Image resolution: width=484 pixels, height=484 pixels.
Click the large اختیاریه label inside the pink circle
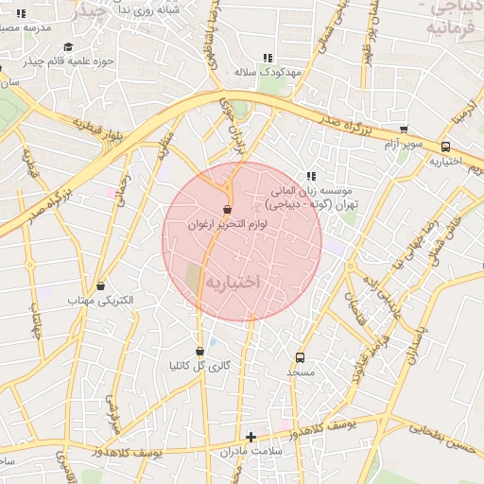[233, 283]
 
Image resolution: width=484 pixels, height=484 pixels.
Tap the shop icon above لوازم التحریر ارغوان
[227, 210]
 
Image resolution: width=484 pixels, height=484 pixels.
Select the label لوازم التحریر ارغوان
[232, 225]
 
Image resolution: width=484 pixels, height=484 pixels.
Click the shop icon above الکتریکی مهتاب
[101, 285]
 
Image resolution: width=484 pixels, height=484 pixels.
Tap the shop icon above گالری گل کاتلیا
[199, 351]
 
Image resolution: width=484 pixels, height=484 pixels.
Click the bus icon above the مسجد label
[301, 357]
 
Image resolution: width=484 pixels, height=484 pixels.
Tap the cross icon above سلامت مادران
[251, 437]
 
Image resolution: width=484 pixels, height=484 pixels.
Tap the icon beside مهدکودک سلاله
[268, 58]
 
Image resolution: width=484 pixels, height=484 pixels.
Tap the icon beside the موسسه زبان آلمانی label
[310, 175]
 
